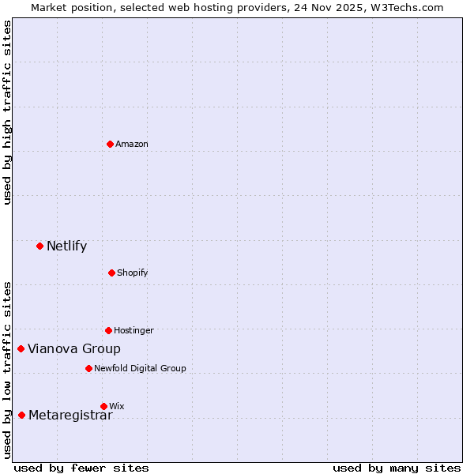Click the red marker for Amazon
110,144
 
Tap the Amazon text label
131,144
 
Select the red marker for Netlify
39,246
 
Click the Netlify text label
66,246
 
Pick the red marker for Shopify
111,273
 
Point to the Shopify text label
132,273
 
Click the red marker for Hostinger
108,330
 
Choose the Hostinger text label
134,330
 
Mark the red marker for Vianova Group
21,348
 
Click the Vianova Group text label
74,348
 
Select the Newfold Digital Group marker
88,368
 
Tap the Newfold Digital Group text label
140,368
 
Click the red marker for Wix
103,406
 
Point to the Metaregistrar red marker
21,415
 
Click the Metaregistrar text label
70,416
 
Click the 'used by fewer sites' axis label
81,468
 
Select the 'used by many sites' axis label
397,468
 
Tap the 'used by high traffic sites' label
7,112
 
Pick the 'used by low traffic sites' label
7,370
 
